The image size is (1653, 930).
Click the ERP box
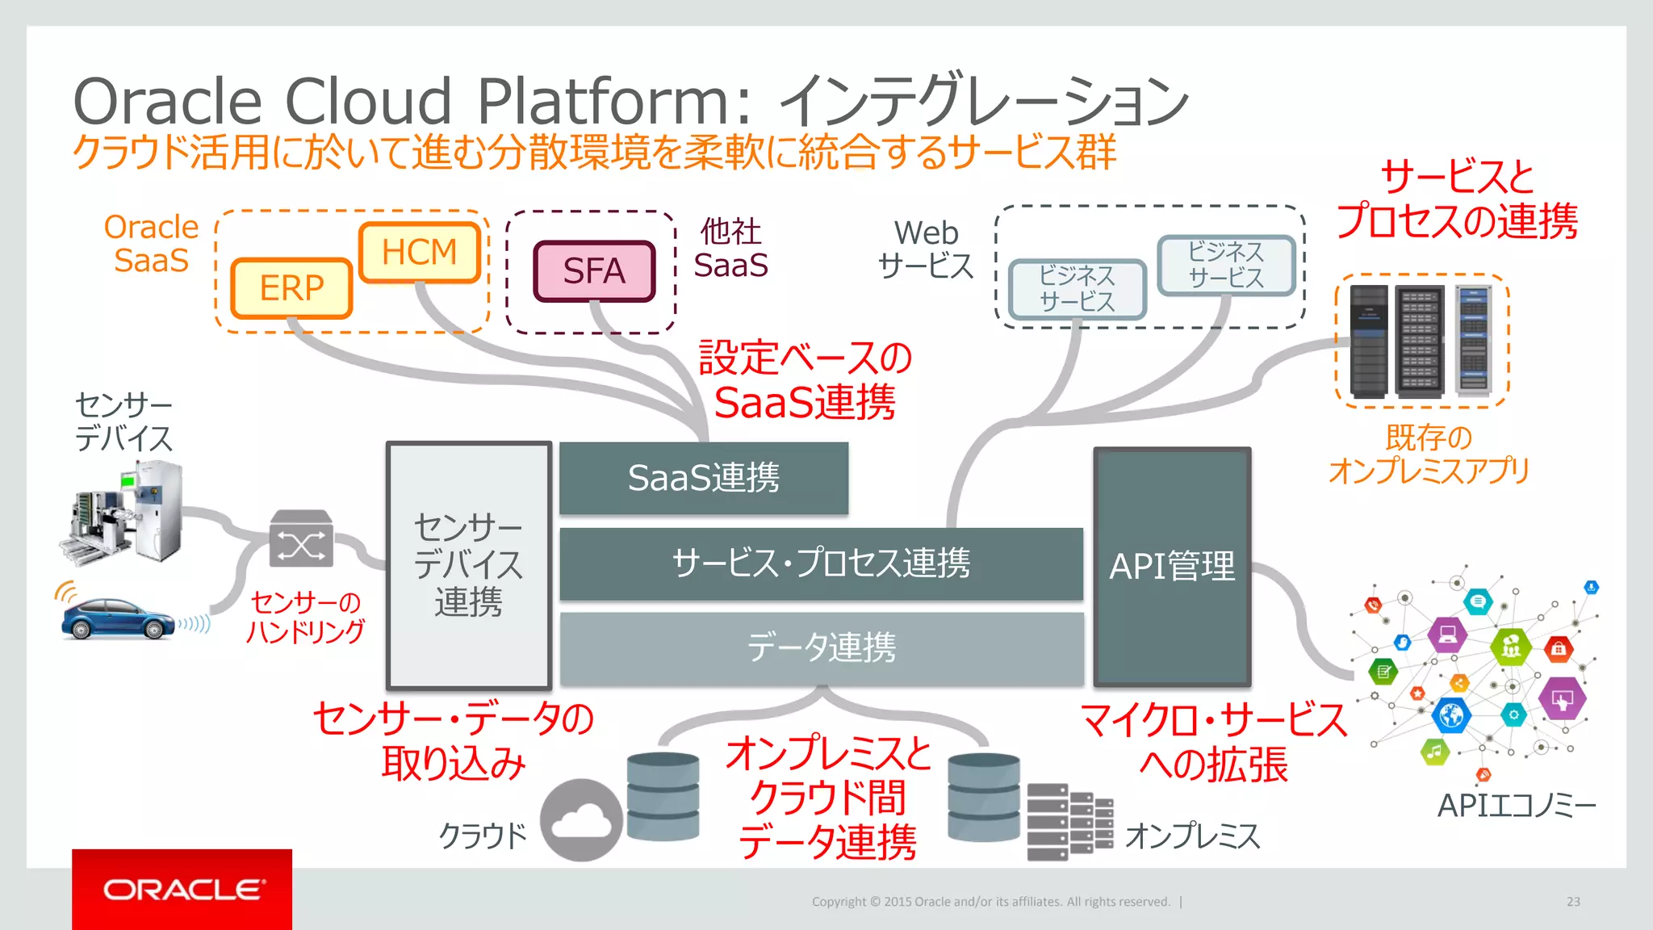point(291,288)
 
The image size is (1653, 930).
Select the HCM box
point(420,253)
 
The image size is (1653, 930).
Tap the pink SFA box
point(594,271)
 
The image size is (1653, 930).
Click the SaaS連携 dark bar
point(704,478)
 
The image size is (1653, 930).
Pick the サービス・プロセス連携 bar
point(821,563)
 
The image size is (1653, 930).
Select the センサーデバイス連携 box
point(469,565)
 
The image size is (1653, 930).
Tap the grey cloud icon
point(581,819)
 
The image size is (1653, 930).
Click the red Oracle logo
point(182,889)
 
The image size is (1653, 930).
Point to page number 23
point(1573,902)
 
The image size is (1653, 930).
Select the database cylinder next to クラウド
point(663,797)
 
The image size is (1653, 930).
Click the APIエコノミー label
point(1516,806)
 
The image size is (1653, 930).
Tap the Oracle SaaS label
point(151,244)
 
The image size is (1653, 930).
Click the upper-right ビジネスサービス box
point(1226,265)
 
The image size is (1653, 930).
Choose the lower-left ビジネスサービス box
point(1077,289)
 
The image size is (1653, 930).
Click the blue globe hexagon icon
point(1450,715)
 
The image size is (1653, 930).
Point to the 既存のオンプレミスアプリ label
point(1429,455)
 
